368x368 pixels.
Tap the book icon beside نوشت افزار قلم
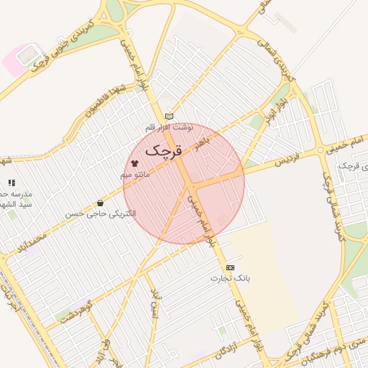169,116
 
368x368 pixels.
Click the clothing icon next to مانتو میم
134,164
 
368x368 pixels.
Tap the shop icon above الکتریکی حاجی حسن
100,203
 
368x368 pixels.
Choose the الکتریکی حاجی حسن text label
100,213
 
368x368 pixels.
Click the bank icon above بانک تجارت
230,267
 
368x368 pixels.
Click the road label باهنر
203,137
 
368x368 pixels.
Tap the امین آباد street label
153,305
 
